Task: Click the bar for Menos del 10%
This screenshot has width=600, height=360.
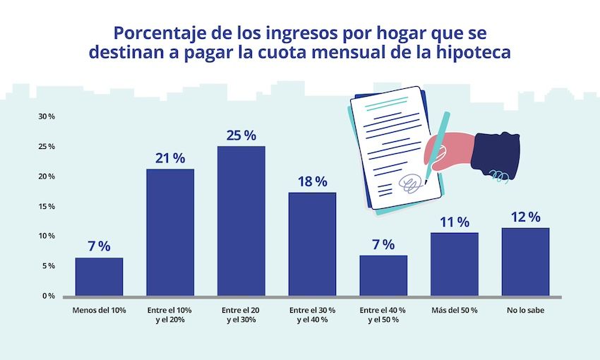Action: point(99,277)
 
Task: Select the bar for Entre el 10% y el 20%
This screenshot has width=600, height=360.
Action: point(170,232)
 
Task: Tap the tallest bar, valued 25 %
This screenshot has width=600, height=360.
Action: point(241,221)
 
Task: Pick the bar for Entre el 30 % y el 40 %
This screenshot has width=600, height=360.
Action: point(312,244)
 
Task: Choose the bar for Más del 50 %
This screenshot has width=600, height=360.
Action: point(454,264)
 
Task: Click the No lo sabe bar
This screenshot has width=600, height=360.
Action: point(525,262)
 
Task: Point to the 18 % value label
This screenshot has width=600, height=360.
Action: point(312,181)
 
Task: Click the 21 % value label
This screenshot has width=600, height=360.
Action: point(170,158)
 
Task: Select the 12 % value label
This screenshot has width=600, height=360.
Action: point(525,217)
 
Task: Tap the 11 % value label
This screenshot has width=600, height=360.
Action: point(454,222)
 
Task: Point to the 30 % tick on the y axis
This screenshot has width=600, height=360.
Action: point(47,116)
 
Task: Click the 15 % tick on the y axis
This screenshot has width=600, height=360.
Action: point(47,206)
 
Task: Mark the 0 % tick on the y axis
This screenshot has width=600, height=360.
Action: point(48,296)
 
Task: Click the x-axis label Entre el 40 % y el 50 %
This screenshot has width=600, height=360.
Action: point(383,315)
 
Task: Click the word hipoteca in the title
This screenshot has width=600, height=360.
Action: point(476,52)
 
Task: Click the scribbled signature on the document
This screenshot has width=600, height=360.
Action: point(412,184)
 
